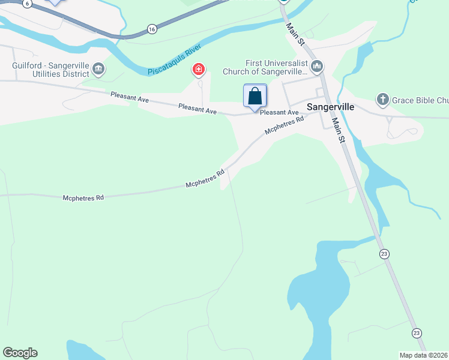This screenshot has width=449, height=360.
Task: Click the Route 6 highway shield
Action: click(28, 3)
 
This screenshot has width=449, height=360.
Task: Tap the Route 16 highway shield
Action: click(152, 29)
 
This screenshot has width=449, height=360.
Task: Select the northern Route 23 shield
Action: click(384, 254)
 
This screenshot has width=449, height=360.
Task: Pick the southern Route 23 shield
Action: click(417, 332)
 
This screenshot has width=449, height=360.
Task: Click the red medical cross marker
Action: click(198, 71)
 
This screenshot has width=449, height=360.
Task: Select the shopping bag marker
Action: click(255, 96)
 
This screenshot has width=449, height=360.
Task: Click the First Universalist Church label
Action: click(276, 68)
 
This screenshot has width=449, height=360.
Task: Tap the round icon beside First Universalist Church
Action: click(318, 65)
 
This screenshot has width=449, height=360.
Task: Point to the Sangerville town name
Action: click(330, 107)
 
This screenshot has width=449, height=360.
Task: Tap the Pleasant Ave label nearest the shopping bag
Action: click(279, 112)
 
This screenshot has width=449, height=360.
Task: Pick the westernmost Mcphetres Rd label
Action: click(83, 197)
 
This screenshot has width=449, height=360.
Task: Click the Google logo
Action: click(20, 353)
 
